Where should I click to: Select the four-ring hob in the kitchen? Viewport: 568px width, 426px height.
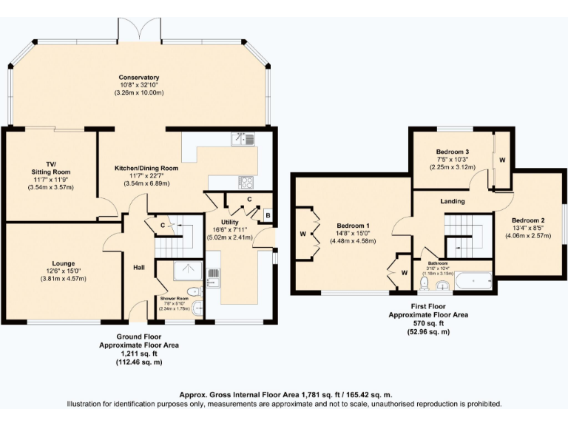pos(245,181)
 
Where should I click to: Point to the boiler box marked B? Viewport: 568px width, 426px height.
pos(268,216)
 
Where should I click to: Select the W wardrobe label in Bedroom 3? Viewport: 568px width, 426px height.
pos(501,160)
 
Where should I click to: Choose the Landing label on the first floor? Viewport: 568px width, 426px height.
pos(452,201)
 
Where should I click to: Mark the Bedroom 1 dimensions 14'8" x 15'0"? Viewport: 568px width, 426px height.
pos(354,233)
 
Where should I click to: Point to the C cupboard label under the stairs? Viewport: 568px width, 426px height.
pos(162,225)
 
